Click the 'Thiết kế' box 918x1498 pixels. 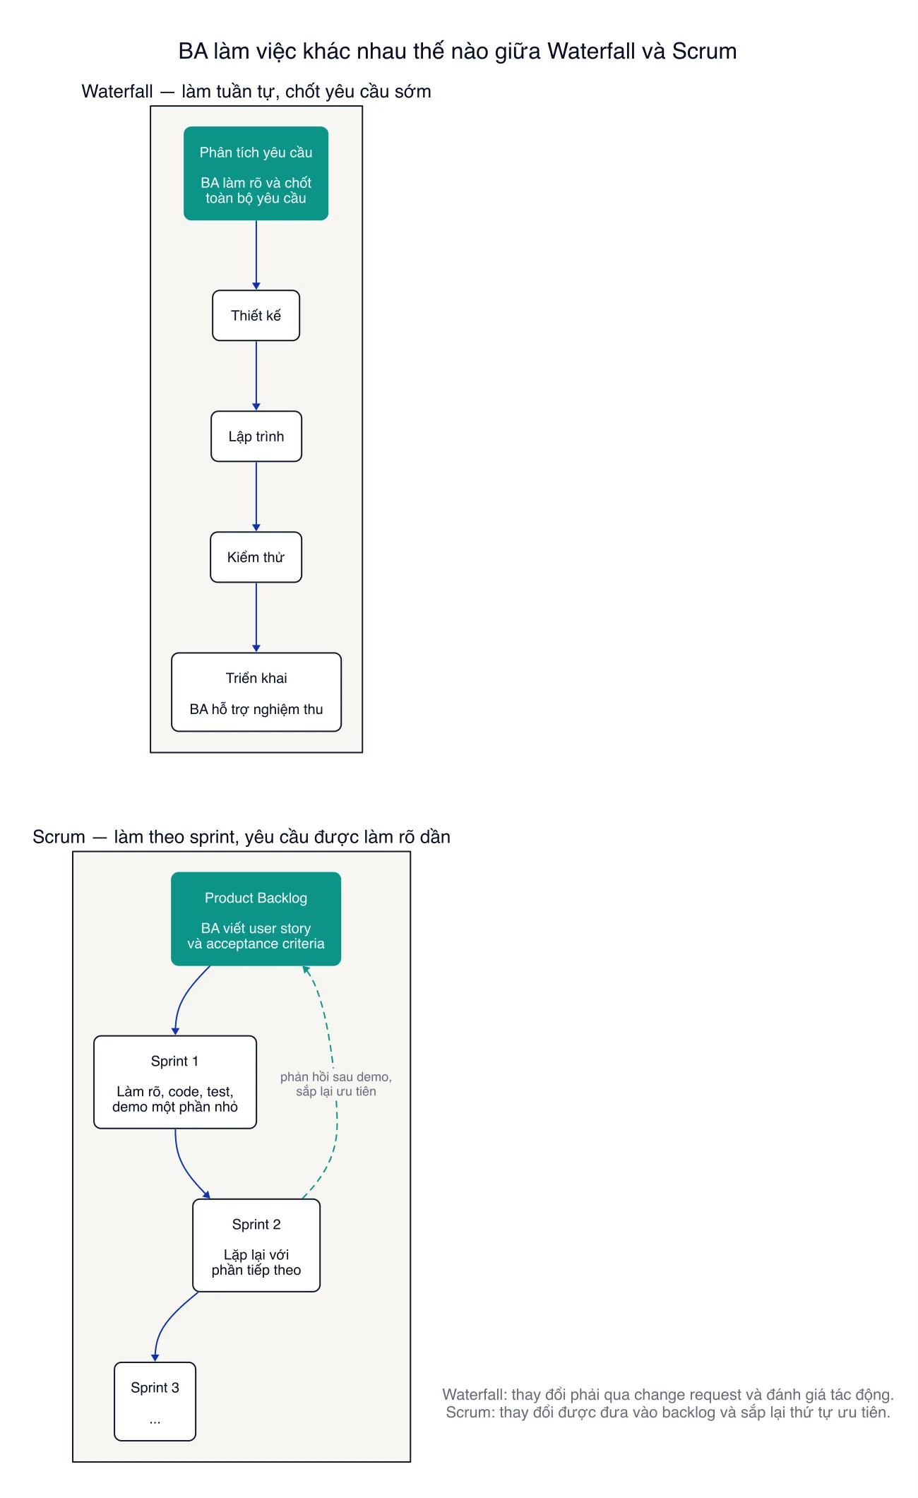tap(256, 316)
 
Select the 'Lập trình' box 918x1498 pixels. tap(256, 436)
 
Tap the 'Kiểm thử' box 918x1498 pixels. tap(256, 557)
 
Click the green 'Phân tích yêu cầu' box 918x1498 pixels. tap(256, 174)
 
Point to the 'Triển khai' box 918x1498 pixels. tap(256, 692)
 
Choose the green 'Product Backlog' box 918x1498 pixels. tap(256, 919)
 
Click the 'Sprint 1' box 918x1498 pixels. tap(175, 1082)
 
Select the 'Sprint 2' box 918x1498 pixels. tap(256, 1245)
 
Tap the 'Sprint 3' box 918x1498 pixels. tap(155, 1401)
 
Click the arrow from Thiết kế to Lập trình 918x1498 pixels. tap(256, 376)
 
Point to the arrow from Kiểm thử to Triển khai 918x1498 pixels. tap(256, 617)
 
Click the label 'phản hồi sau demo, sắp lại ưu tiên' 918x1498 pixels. tap(336, 1084)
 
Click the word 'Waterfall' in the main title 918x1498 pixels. tap(592, 51)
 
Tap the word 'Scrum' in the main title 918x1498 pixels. tap(704, 51)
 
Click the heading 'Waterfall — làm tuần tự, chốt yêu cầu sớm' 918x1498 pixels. tap(256, 91)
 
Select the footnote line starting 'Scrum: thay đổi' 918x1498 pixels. tap(668, 1412)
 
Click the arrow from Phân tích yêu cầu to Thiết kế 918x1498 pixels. tap(256, 255)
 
